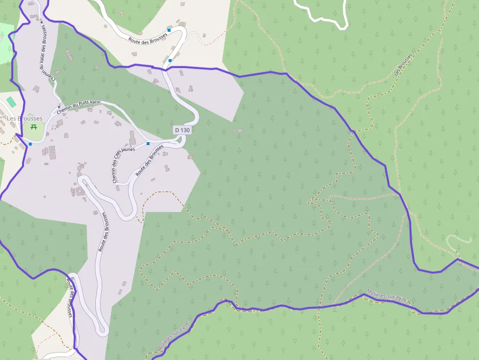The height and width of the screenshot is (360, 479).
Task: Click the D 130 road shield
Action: (x=182, y=130)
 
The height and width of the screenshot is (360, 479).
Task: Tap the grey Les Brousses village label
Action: (x=24, y=118)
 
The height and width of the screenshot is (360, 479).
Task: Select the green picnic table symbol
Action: (x=34, y=127)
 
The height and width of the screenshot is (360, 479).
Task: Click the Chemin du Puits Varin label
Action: (x=79, y=105)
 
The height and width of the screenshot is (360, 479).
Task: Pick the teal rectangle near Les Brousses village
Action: (x=11, y=101)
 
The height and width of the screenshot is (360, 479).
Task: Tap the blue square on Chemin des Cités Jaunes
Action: (x=148, y=144)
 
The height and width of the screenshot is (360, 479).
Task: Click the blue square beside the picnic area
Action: (x=30, y=144)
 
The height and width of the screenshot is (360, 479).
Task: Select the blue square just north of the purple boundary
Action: (x=170, y=60)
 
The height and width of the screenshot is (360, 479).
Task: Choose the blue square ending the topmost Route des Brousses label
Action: (x=169, y=30)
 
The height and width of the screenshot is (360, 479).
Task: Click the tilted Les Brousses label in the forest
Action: (x=404, y=65)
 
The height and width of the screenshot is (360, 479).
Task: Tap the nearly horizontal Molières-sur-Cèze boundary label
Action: (x=387, y=296)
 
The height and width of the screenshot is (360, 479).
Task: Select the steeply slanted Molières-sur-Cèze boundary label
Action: (x=173, y=337)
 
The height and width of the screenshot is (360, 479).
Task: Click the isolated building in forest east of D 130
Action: (x=238, y=130)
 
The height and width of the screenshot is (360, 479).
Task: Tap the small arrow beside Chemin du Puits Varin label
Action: (x=60, y=106)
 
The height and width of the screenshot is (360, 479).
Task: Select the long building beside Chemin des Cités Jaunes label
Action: (x=132, y=138)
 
